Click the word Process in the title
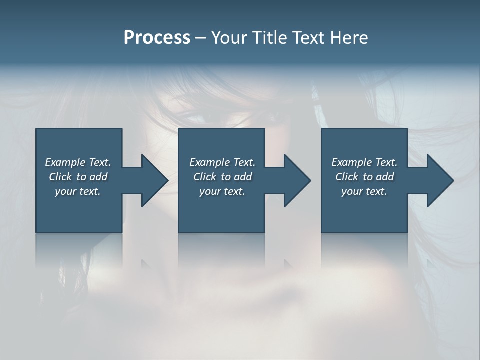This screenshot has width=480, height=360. pos(157,38)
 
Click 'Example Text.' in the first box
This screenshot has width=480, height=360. pos(78,162)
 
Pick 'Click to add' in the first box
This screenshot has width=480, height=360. pos(78,177)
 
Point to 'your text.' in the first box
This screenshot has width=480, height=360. pos(78,191)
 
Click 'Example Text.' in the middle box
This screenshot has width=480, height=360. pos(222,162)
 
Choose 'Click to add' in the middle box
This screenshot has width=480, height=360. pos(222,177)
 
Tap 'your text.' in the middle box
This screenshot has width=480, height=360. pos(222,191)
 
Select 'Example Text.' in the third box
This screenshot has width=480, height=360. pos(364,162)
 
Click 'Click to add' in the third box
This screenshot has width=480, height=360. pos(364,177)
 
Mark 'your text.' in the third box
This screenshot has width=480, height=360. pos(364,191)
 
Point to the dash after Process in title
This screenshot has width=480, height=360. pos(200,38)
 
